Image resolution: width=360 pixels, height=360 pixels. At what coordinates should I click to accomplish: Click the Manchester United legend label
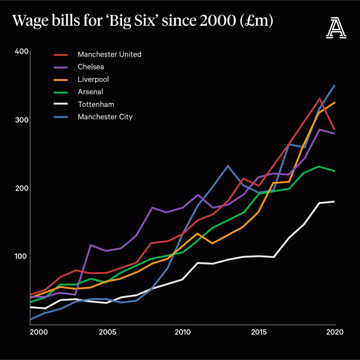109,54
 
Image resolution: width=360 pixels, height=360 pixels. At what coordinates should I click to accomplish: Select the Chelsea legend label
90,66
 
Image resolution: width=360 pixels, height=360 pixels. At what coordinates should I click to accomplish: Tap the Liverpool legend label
93,79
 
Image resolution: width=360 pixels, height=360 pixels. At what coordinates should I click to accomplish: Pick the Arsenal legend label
90,91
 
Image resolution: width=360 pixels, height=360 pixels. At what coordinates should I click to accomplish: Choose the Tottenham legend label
96,104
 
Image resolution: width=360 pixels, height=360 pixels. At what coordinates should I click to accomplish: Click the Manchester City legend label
105,116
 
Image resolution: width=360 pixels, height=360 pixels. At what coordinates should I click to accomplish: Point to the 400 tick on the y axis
21,52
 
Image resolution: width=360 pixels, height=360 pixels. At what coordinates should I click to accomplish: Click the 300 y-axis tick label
21,120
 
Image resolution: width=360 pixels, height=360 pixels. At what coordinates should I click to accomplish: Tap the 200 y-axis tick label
21,188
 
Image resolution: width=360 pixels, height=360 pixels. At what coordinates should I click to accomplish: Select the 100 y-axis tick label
21,256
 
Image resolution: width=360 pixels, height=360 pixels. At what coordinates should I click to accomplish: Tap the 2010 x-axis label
182,332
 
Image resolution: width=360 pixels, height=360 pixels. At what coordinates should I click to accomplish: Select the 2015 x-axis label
258,332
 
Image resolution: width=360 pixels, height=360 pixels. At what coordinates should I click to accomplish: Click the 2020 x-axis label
334,332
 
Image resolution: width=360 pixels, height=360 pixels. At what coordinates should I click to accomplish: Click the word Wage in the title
30,21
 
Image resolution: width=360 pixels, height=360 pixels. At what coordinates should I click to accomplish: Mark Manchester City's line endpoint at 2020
334,85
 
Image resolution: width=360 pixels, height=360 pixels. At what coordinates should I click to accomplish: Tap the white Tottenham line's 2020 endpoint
334,201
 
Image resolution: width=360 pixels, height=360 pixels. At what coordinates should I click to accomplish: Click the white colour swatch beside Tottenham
60,104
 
